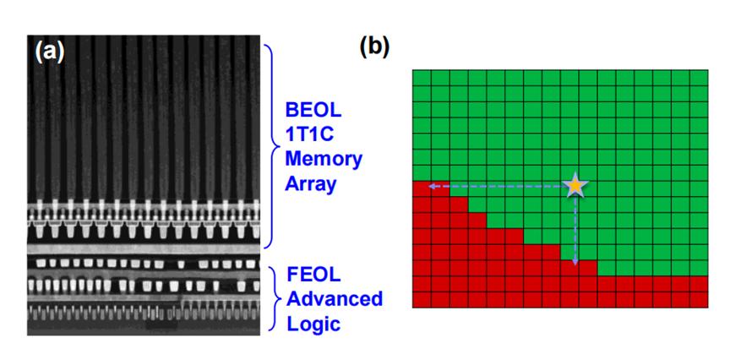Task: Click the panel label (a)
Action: point(49,52)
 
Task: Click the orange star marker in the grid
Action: point(575,185)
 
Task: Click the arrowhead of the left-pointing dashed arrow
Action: point(429,185)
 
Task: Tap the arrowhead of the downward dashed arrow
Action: point(575,264)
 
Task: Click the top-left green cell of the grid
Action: point(422,78)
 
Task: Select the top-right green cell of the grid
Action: point(698,78)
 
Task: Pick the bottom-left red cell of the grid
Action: point(422,299)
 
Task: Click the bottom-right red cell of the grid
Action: point(698,299)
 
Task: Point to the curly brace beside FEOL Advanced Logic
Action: point(275,299)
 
